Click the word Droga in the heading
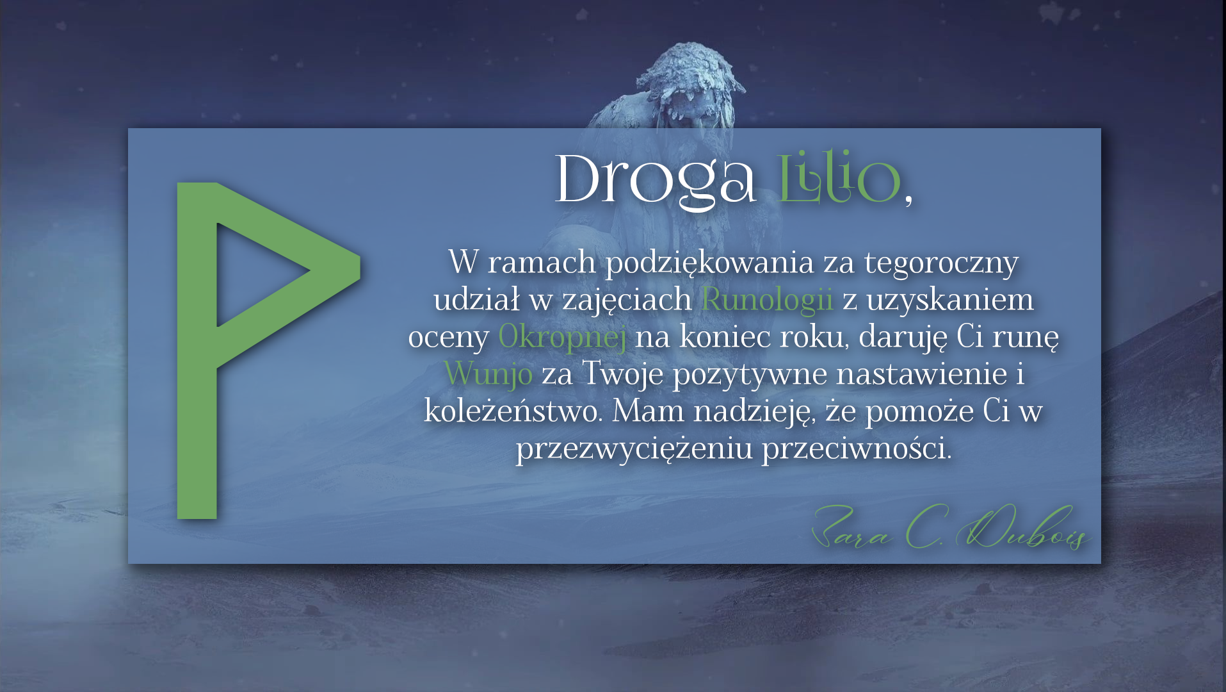tap(655, 181)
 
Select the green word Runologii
tap(767, 300)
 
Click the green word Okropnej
tap(562, 337)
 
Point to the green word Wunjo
tap(488, 374)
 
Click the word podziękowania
tap(710, 263)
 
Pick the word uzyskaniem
tap(949, 300)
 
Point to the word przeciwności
tap(857, 449)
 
